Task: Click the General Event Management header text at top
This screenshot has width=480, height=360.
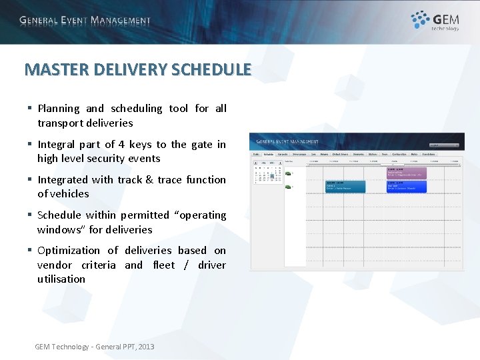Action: [85, 20]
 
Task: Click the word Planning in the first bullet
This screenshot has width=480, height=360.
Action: [59, 109]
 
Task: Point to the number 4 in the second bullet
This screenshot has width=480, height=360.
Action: [122, 145]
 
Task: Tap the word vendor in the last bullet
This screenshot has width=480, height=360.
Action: [55, 265]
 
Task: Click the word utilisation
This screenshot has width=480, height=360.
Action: [61, 279]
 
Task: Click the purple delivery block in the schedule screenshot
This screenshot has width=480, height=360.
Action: [406, 173]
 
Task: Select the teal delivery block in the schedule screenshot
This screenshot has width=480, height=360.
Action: [345, 186]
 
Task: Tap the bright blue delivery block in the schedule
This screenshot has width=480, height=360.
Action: [406, 186]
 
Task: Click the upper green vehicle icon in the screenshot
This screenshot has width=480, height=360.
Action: [288, 173]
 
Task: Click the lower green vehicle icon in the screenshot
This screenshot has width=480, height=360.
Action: [288, 187]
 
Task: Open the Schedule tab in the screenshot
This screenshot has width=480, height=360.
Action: [269, 153]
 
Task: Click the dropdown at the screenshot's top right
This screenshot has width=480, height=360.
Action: [444, 145]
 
